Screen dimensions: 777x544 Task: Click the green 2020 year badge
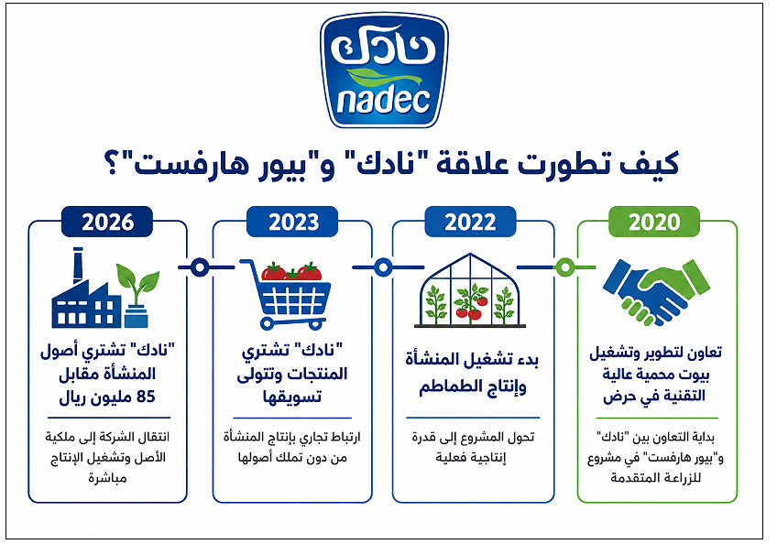[x=653, y=222]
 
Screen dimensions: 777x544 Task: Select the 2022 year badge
[x=470, y=222]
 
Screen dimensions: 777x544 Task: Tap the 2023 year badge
[x=292, y=222]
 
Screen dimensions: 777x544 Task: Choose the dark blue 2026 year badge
[x=107, y=222]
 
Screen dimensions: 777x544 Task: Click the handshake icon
[x=656, y=292]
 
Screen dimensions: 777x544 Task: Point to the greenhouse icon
[x=470, y=291]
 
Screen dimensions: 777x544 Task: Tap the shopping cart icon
[x=287, y=295]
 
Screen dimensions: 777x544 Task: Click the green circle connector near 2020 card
[x=564, y=267]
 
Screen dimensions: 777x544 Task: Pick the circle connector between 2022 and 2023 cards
[x=383, y=267]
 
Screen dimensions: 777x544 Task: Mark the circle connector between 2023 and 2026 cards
[x=200, y=267]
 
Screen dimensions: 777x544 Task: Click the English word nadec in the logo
[x=384, y=101]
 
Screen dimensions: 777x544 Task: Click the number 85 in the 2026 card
[x=146, y=397]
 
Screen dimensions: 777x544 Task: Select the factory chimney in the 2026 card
[x=78, y=266]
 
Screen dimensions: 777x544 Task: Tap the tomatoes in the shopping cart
[x=291, y=271]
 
